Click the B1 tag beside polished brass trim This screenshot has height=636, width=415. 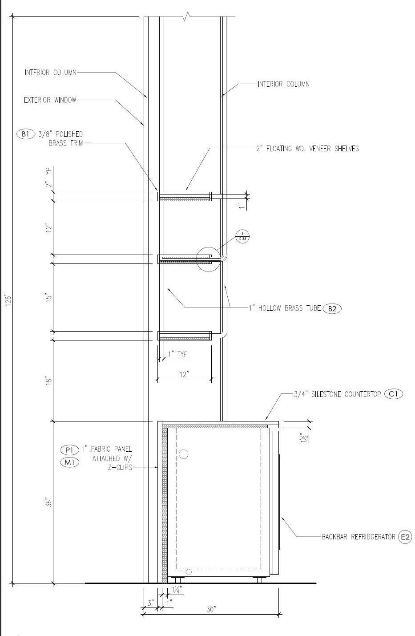tap(25, 134)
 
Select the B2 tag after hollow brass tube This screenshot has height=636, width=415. tap(332, 308)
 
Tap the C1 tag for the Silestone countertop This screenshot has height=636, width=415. tap(393, 394)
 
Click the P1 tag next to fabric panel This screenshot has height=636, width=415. tap(69, 450)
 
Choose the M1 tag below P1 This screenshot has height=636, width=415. tap(69, 462)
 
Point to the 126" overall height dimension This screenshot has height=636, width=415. tap(6, 300)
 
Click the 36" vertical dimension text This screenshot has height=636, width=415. tap(49, 502)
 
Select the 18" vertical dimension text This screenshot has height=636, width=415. tap(49, 381)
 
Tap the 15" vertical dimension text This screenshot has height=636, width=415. tap(49, 298)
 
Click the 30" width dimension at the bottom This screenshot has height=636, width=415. tap(211, 609)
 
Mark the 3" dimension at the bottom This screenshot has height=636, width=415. tap(151, 603)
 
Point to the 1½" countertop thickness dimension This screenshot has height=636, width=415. tap(304, 438)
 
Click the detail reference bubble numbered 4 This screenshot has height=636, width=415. tap(242, 236)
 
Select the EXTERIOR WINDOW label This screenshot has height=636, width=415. tap(50, 100)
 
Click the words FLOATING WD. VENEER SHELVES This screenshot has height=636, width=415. tap(312, 149)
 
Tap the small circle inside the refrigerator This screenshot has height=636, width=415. tap(183, 454)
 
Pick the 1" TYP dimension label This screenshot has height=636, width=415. tap(178, 355)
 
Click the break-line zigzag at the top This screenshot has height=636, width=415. tap(187, 17)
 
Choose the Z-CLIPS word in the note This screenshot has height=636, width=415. tap(120, 467)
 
